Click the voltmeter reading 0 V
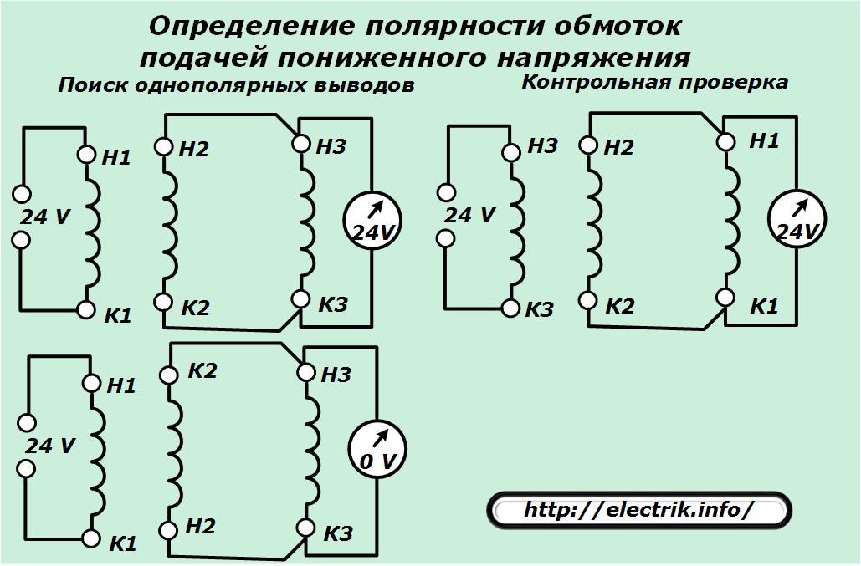378,450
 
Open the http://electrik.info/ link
638,510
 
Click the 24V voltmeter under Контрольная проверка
797,219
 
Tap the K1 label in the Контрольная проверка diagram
764,306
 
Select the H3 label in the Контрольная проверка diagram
542,145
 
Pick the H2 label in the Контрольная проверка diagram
619,147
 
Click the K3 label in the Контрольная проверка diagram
539,310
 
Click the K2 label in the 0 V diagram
202,370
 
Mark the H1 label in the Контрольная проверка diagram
765,141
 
